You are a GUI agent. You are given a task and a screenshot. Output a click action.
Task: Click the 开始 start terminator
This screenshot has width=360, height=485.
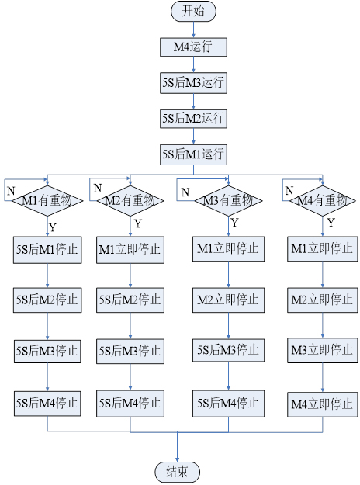[193, 11]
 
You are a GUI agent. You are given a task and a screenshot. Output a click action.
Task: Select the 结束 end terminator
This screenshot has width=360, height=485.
[177, 472]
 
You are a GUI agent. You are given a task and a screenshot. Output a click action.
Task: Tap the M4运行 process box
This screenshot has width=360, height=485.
[193, 47]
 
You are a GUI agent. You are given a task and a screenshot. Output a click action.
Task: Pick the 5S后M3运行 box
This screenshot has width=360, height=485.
[193, 83]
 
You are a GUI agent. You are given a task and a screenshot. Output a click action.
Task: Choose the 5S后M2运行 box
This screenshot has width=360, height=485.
[193, 119]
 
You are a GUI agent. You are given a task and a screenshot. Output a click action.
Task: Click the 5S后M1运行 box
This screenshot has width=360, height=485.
[193, 154]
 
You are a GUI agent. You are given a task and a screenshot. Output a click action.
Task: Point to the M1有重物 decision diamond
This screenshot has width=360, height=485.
[47, 201]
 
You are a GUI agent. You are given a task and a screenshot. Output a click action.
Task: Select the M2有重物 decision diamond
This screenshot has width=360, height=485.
[130, 201]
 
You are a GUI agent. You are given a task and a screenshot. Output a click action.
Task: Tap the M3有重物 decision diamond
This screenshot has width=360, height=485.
[229, 201]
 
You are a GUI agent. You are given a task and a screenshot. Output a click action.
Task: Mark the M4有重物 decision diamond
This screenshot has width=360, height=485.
[323, 201]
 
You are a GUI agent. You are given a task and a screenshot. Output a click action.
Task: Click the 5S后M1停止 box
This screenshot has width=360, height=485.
[47, 250]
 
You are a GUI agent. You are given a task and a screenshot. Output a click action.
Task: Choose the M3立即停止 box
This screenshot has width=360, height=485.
[323, 351]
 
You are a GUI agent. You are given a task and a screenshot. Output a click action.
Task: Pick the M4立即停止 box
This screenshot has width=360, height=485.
[323, 404]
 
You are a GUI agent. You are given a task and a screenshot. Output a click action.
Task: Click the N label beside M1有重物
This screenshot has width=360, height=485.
[11, 191]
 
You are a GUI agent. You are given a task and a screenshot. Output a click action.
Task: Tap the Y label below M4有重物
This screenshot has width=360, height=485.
[331, 223]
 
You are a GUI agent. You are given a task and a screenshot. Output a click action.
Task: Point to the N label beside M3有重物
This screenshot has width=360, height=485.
[185, 192]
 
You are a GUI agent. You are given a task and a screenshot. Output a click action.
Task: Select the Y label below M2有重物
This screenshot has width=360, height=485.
[138, 223]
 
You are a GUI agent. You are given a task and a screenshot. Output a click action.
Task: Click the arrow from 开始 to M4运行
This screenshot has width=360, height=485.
[194, 29]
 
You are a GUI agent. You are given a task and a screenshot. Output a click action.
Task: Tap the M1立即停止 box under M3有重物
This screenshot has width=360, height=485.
[229, 248]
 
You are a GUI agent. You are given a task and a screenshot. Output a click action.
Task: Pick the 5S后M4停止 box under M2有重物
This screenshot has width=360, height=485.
[130, 404]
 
